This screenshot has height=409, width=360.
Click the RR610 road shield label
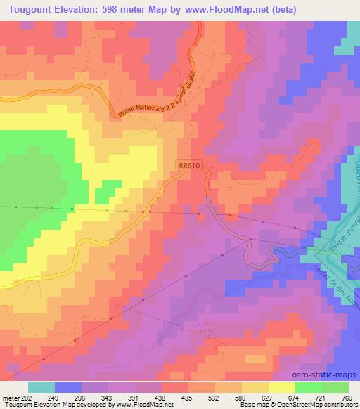(190, 165)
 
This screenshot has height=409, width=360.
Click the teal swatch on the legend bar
(42, 387)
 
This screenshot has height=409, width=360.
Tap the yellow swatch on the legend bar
(281, 387)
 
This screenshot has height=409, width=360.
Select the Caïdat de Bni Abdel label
(330, 275)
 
